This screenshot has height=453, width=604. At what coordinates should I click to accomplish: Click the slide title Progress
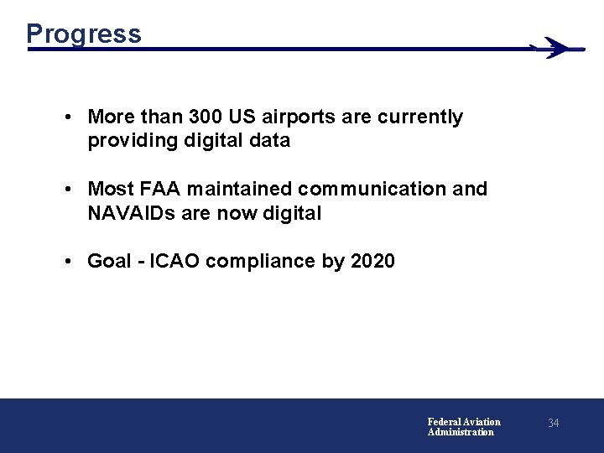(x=83, y=34)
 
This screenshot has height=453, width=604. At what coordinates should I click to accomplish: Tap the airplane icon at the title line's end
(x=555, y=48)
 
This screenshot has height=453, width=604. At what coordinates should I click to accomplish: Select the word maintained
(x=244, y=189)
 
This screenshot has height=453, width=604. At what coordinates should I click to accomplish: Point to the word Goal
(x=109, y=261)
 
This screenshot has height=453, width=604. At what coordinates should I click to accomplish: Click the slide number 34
(x=553, y=424)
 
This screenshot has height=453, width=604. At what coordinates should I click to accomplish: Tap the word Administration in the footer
(x=461, y=432)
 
